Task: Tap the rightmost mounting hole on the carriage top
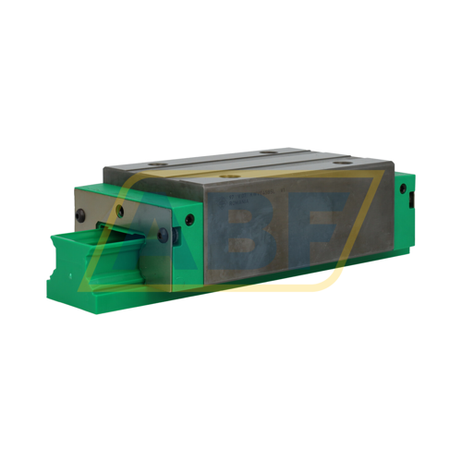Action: point(345,164)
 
